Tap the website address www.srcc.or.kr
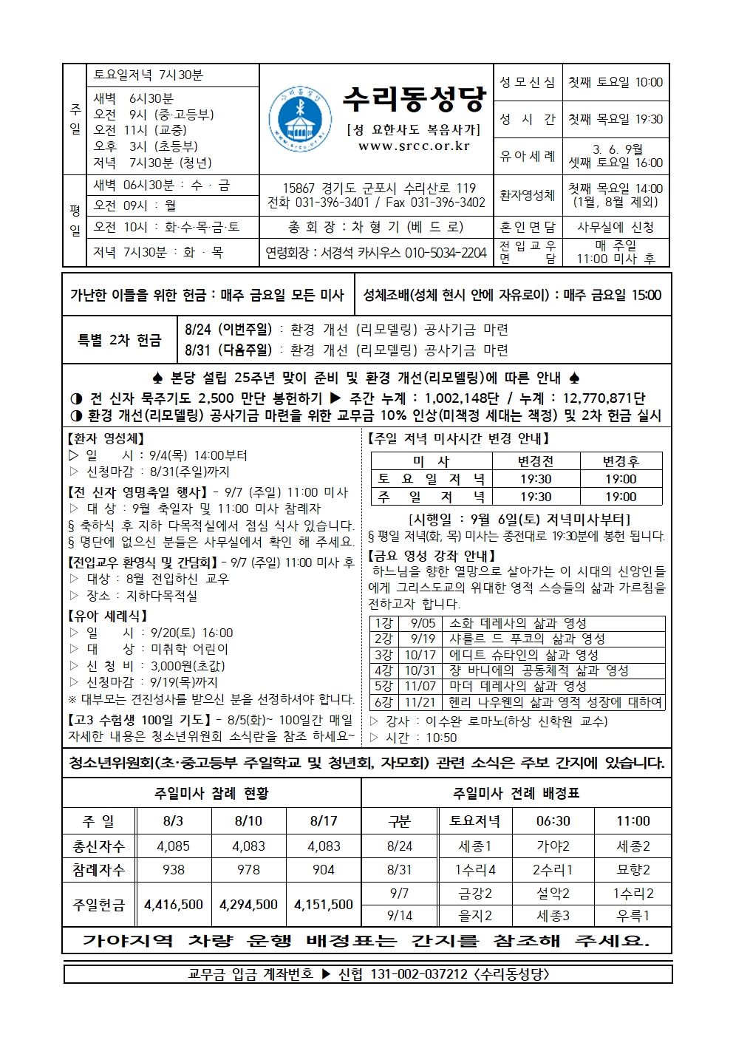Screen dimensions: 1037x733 coord(414,146)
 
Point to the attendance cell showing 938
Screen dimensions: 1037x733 coord(174,870)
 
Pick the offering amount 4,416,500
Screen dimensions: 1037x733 coord(174,904)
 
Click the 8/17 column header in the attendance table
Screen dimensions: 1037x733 coord(324,820)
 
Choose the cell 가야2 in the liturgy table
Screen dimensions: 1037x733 coord(553,846)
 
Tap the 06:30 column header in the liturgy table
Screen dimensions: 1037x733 coord(553,820)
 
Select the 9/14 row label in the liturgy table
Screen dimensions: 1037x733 coord(400,915)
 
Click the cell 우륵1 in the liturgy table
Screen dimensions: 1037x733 coord(633,915)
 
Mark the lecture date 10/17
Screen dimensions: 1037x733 coord(420,655)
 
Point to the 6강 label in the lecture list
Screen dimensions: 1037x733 coord(383,702)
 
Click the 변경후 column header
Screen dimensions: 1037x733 coord(621,461)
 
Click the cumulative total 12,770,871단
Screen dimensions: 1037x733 coord(604,398)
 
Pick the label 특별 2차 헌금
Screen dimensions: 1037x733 coord(120,340)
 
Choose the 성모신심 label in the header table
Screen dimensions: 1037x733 coord(528,82)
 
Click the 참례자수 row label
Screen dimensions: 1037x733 coord(99,870)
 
